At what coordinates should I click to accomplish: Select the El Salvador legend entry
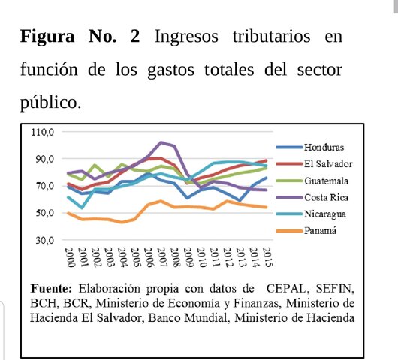[x=329, y=163]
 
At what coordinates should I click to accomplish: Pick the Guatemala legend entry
[x=328, y=181]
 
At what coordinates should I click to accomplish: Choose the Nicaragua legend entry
[x=327, y=214]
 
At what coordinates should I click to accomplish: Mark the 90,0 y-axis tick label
[x=44, y=160]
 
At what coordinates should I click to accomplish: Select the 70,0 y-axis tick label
[x=44, y=186]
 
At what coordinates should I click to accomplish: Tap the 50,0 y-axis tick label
[x=44, y=213]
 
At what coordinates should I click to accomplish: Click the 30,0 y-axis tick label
[x=44, y=240]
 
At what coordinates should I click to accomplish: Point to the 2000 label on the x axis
[x=69, y=257]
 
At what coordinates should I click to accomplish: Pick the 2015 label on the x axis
[x=267, y=257]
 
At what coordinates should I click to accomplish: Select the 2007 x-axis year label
[x=161, y=257]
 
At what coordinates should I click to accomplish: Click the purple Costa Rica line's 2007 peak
[x=161, y=142]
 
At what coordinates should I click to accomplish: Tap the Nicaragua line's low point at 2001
[x=82, y=208]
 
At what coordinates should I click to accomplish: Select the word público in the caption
[x=50, y=102]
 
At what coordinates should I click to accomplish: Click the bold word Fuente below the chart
[x=54, y=288]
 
